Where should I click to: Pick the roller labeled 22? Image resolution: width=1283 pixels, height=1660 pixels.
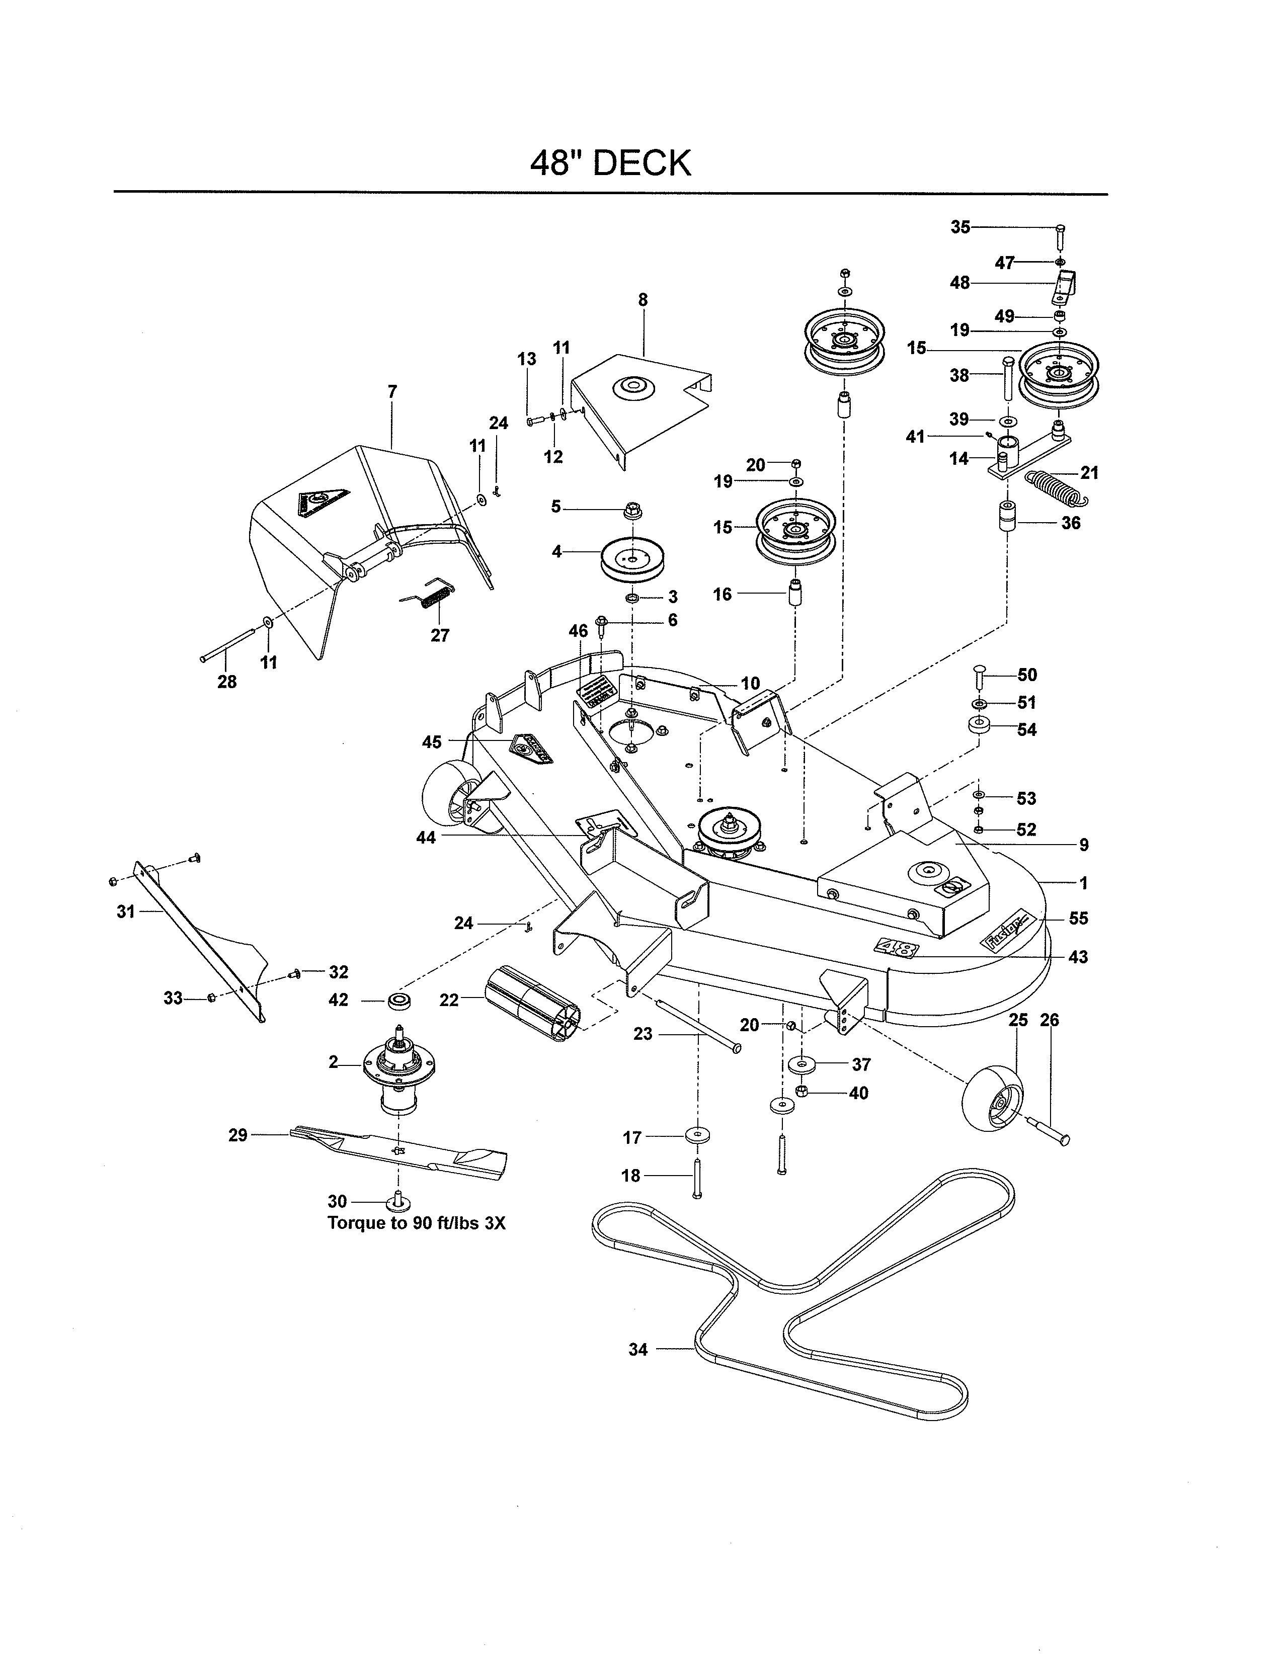tap(532, 1000)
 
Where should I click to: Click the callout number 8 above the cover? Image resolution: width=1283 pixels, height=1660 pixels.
tap(643, 300)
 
